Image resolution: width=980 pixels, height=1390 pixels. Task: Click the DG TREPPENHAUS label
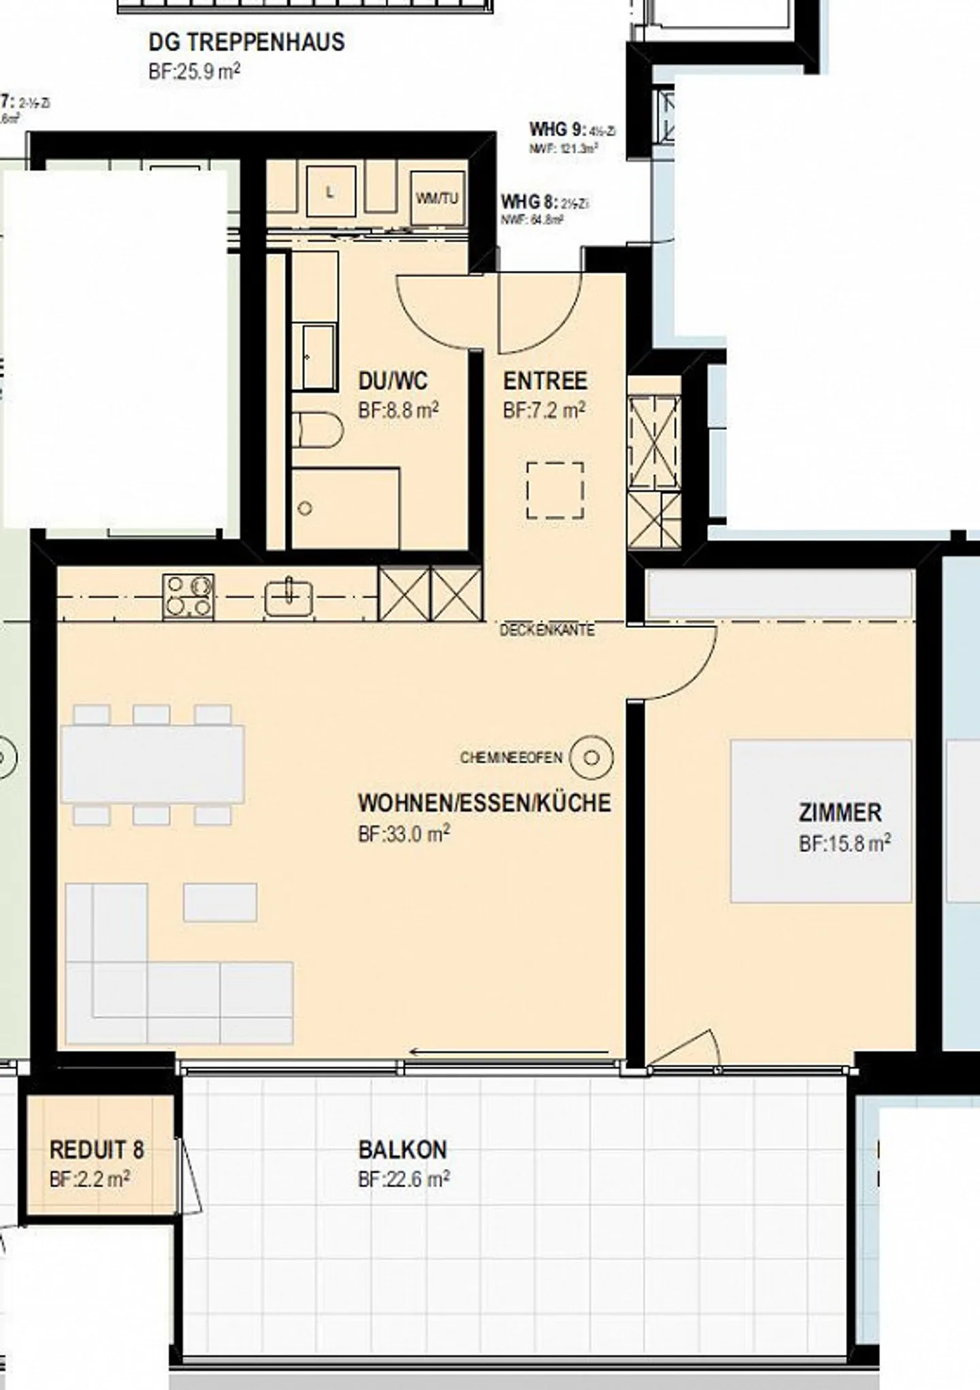click(x=246, y=42)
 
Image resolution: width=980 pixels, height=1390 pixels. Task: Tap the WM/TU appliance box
click(x=437, y=198)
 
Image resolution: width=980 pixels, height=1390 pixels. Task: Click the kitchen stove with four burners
click(x=188, y=596)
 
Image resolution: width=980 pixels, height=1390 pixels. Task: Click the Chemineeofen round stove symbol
click(x=591, y=757)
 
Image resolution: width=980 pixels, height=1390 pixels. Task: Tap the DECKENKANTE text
click(x=547, y=630)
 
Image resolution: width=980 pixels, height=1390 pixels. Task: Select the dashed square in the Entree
click(x=555, y=491)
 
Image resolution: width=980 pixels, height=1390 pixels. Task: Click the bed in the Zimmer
click(x=820, y=821)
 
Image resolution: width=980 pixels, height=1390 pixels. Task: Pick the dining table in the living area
click(x=152, y=764)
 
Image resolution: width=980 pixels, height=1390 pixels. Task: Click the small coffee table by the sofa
click(x=220, y=902)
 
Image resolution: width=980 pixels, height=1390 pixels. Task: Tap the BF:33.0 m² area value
click(x=404, y=834)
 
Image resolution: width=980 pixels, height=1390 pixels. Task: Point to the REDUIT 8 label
click(x=97, y=1150)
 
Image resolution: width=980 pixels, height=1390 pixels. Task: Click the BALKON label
click(x=402, y=1150)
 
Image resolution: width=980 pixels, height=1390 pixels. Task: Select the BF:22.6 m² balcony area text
click(x=404, y=1179)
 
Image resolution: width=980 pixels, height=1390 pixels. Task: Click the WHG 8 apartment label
click(x=529, y=202)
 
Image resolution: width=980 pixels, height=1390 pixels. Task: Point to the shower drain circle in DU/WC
click(x=305, y=508)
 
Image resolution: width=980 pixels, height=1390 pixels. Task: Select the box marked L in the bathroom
click(x=330, y=192)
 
